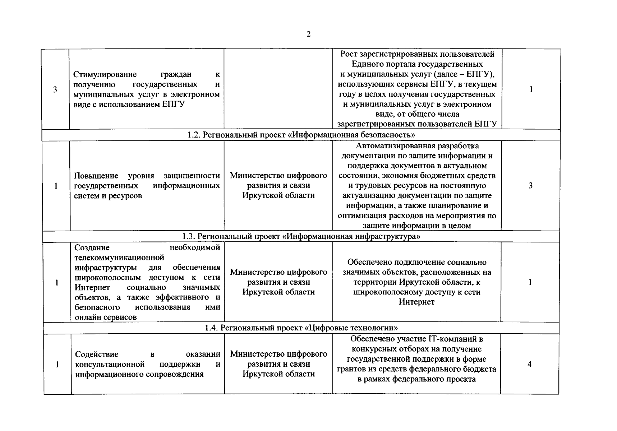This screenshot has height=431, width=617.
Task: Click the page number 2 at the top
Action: pyautogui.click(x=308, y=34)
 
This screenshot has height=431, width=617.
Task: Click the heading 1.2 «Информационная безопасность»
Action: pyautogui.click(x=301, y=135)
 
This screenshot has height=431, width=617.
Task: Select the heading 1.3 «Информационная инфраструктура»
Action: pyautogui.click(x=301, y=236)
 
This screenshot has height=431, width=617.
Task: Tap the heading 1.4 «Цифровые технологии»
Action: pyautogui.click(x=301, y=328)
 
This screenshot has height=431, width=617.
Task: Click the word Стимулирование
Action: pyautogui.click(x=105, y=74)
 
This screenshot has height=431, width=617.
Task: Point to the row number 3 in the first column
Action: pyautogui.click(x=55, y=89)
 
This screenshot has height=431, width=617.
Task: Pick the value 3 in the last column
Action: pyautogui.click(x=530, y=185)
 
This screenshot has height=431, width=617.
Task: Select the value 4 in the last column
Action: pyautogui.click(x=529, y=364)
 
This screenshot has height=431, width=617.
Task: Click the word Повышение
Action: pyautogui.click(x=96, y=176)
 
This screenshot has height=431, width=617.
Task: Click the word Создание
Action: pyautogui.click(x=92, y=247)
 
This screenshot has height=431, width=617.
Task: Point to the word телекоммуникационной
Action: pyautogui.click(x=119, y=258)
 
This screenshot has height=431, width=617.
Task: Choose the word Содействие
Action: pyautogui.click(x=97, y=354)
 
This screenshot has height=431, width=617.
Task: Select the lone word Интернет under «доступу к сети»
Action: pyautogui.click(x=416, y=302)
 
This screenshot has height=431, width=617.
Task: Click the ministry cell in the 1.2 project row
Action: pyautogui.click(x=278, y=185)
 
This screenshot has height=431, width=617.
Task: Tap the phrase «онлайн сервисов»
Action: pyautogui.click(x=106, y=317)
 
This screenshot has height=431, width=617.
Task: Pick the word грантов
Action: pyautogui.click(x=351, y=369)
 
